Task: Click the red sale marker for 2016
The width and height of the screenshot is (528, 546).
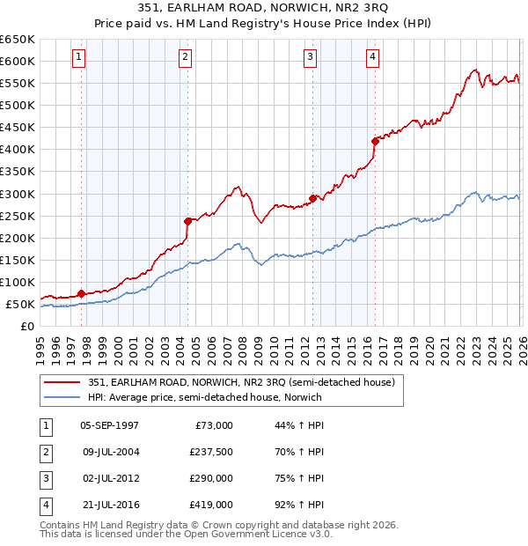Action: pyautogui.click(x=375, y=141)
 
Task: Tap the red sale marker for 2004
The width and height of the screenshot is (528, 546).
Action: pyautogui.click(x=187, y=221)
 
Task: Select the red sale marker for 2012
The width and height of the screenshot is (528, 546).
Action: pyautogui.click(x=312, y=198)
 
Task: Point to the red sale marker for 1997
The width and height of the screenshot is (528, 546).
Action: pyautogui.click(x=81, y=293)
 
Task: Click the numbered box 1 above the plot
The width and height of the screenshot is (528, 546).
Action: pyautogui.click(x=79, y=57)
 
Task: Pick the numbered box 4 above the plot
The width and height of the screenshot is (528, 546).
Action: pyautogui.click(x=373, y=57)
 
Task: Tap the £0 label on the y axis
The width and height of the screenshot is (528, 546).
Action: pyautogui.click(x=26, y=326)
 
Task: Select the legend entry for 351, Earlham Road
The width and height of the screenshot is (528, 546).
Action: pyautogui.click(x=241, y=382)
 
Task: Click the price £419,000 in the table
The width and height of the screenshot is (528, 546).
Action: pyautogui.click(x=211, y=505)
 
